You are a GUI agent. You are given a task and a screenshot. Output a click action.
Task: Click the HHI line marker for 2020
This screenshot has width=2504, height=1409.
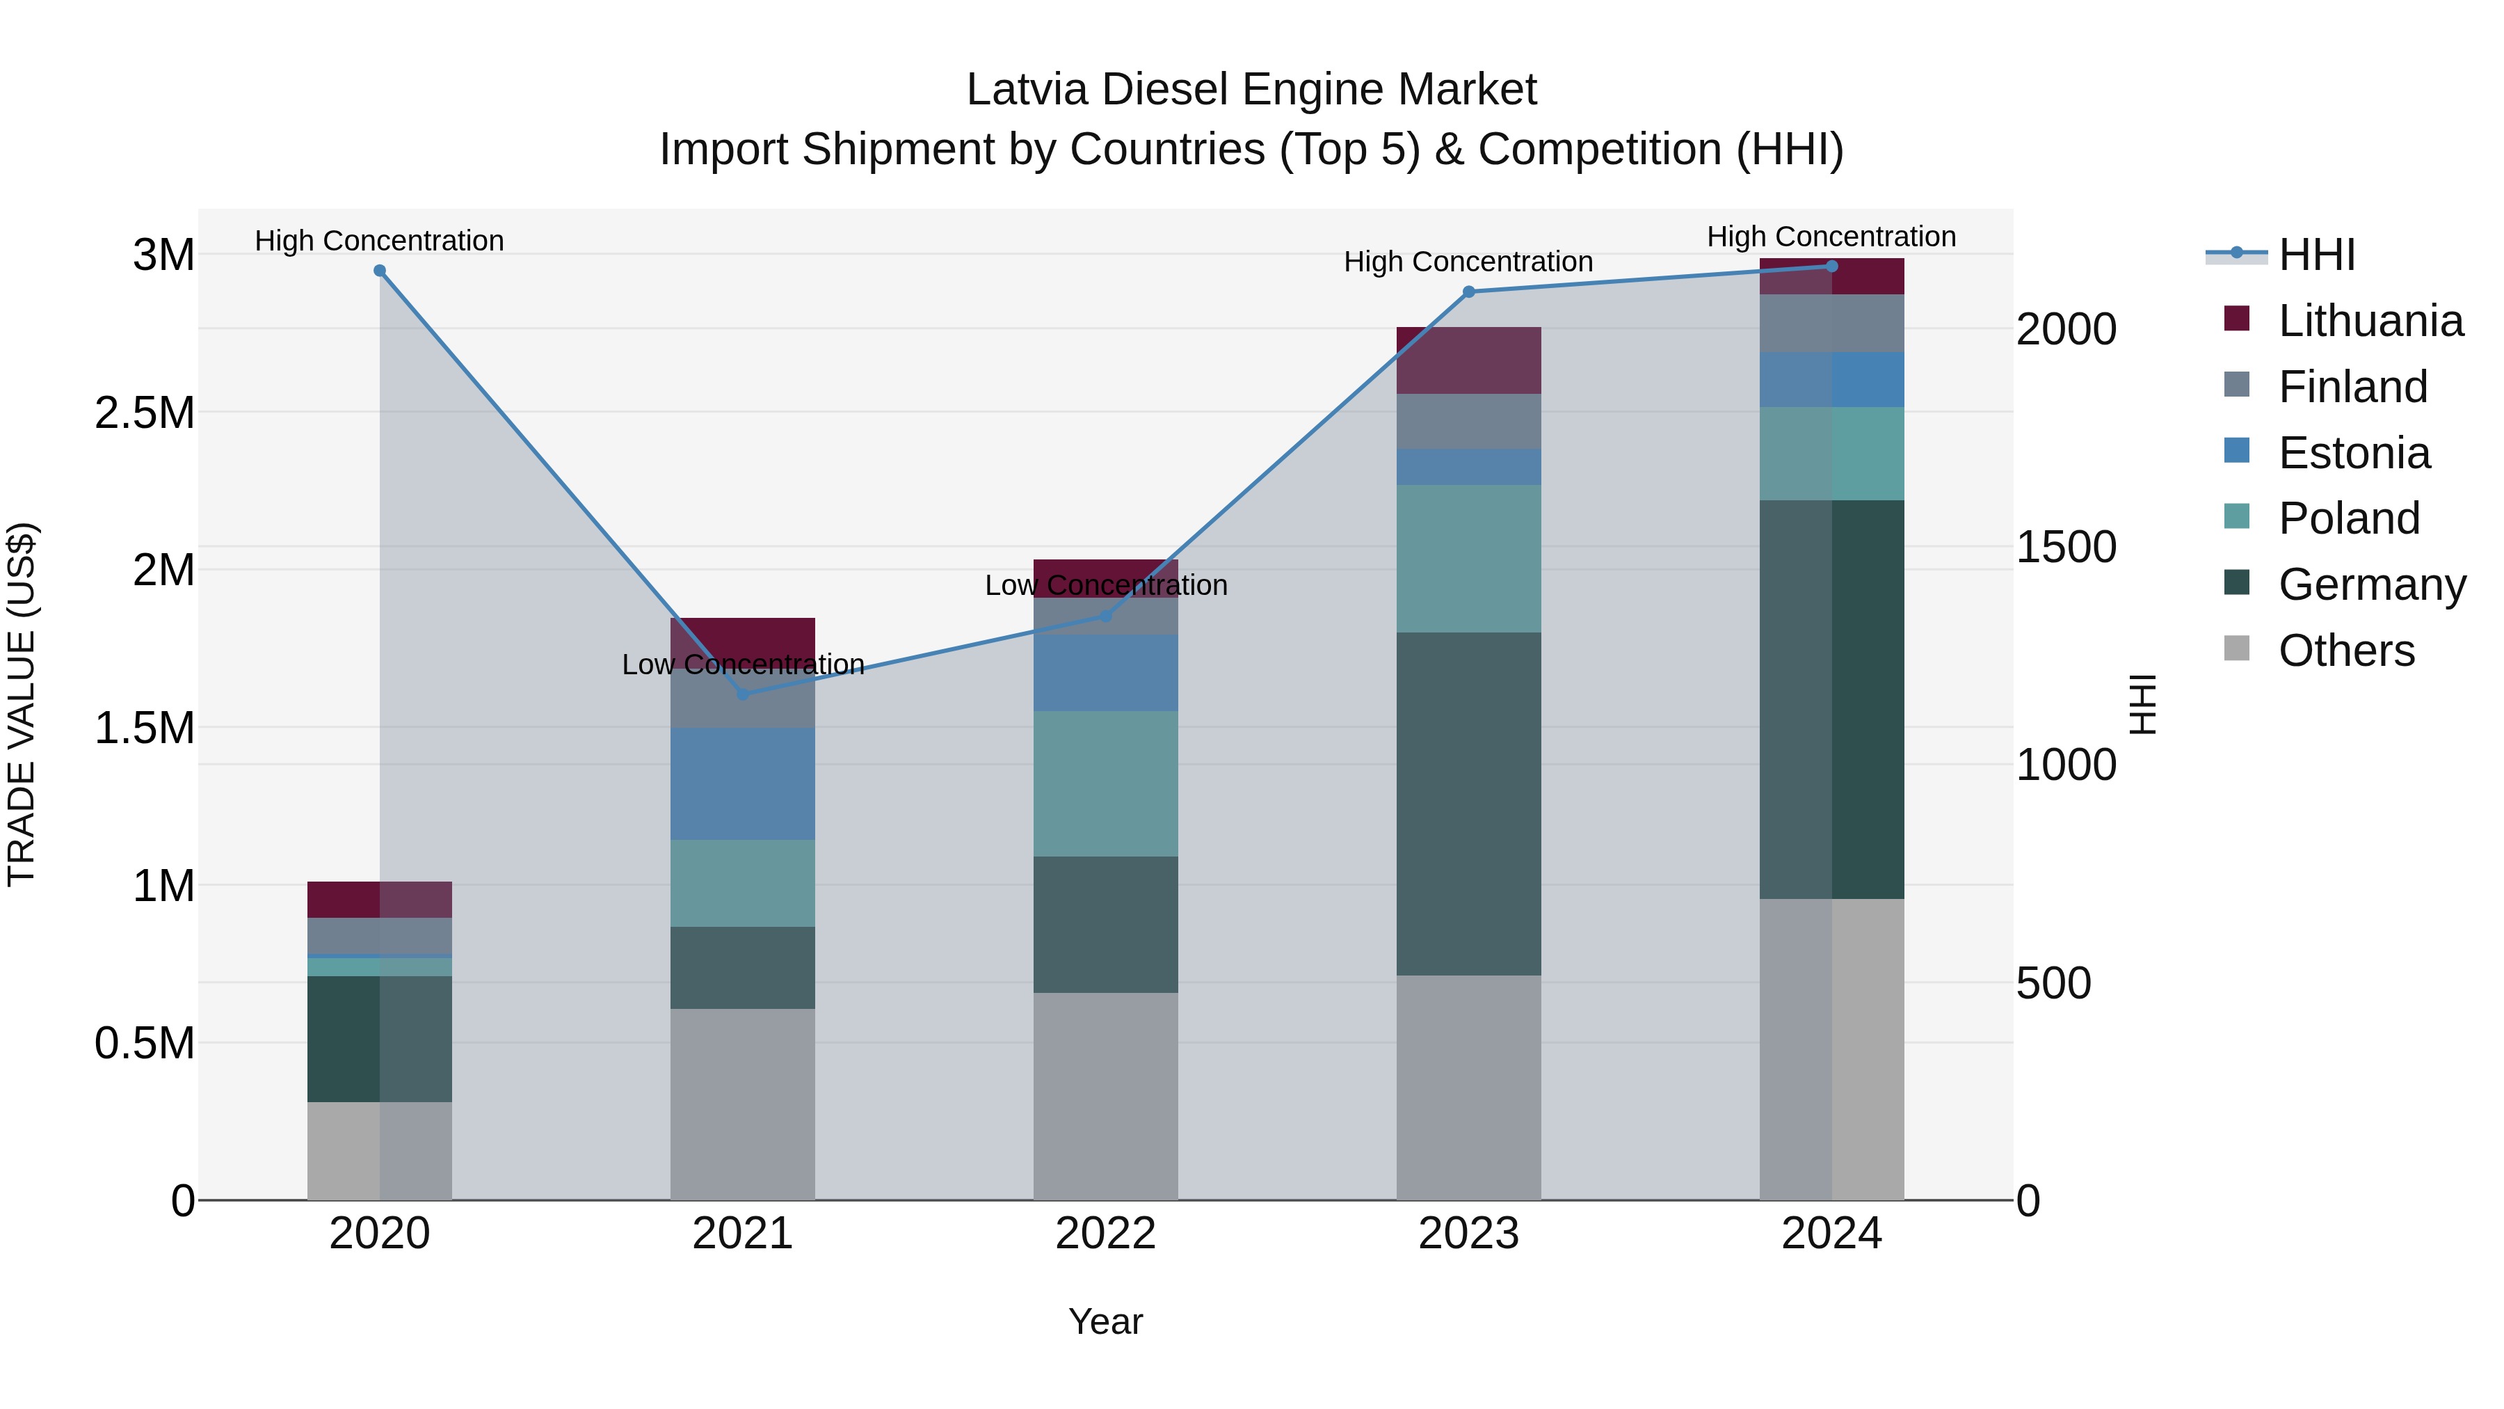pos(379,271)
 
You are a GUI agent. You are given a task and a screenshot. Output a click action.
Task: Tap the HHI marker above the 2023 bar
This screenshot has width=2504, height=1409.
pos(1469,292)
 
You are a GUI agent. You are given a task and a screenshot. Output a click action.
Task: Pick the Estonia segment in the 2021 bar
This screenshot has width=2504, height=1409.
pos(743,783)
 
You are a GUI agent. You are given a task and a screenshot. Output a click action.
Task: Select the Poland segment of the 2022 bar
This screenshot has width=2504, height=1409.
pos(1105,783)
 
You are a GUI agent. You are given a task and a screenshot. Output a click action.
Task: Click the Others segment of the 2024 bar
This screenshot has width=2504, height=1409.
pos(1831,1049)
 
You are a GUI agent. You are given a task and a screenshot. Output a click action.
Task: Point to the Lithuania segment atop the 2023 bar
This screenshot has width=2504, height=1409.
pos(1469,360)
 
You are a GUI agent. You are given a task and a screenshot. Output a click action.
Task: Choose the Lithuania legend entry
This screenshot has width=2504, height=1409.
pos(2370,321)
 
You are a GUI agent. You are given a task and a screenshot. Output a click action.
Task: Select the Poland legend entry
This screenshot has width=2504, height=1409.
pos(2348,518)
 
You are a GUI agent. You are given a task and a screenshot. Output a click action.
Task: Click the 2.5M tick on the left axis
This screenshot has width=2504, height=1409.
pos(144,413)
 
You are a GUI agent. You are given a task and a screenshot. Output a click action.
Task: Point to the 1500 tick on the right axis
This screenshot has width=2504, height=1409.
pos(2066,548)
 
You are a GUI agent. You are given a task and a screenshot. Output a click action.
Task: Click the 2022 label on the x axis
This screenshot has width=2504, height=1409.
pos(1105,1234)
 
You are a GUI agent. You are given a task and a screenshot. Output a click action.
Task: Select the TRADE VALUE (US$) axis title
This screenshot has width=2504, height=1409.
pos(22,704)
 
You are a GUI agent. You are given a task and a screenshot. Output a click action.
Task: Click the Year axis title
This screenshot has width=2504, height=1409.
pos(1105,1321)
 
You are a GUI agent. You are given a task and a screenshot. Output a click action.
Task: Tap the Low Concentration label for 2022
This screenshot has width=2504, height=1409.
pos(1105,585)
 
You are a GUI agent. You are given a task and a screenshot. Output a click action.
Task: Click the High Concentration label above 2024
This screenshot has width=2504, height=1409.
pos(1831,237)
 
